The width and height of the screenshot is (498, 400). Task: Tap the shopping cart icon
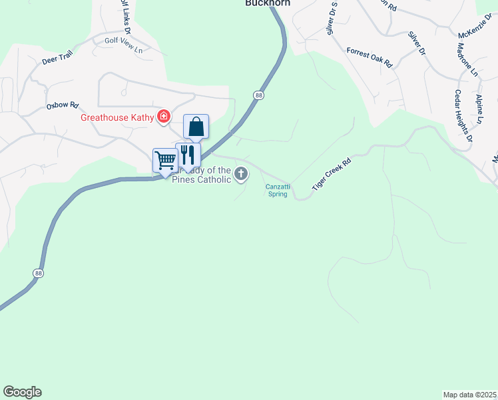click(164, 159)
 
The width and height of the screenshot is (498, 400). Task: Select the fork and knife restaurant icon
click(188, 155)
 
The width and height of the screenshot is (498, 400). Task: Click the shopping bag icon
click(196, 125)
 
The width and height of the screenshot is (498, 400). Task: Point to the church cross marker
click(241, 175)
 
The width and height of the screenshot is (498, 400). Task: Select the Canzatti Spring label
click(277, 191)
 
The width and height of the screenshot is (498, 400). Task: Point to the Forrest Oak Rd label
click(370, 59)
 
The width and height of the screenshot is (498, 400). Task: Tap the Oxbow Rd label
click(63, 105)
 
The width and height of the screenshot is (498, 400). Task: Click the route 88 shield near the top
click(258, 96)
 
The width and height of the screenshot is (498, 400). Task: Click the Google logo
click(22, 392)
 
